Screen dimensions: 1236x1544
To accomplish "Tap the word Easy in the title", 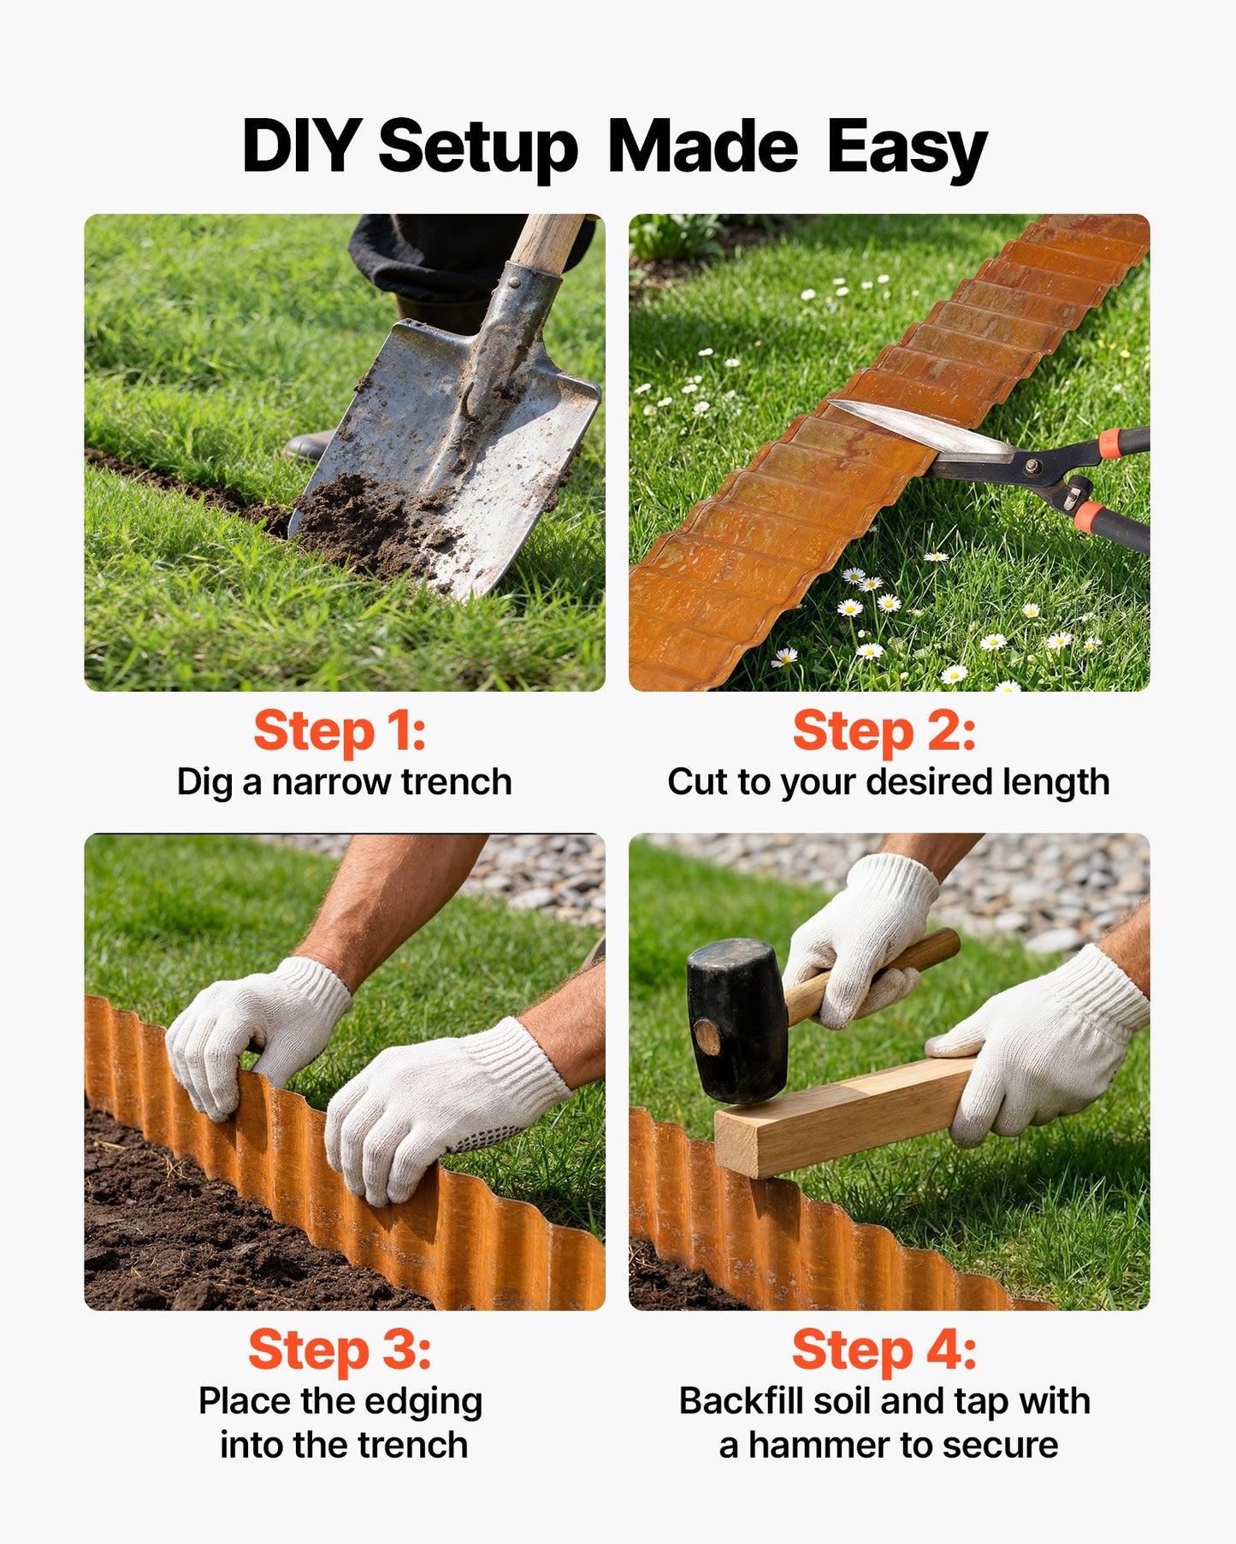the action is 907,150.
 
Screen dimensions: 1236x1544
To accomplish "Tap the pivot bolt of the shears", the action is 1033,466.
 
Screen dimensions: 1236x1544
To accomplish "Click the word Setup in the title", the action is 479,150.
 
